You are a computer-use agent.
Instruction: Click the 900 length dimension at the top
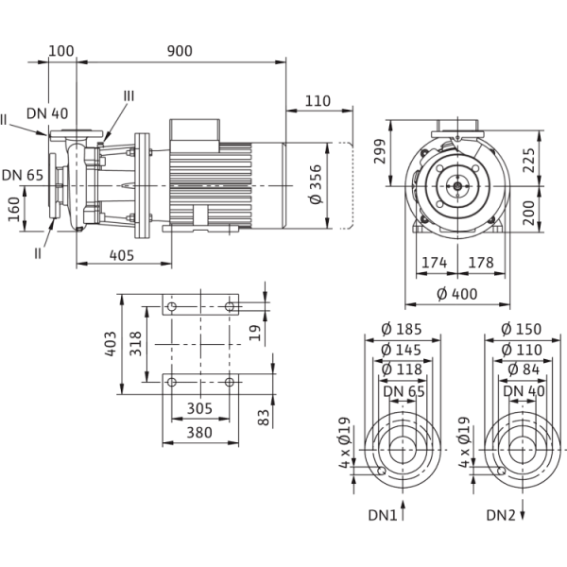point(180,51)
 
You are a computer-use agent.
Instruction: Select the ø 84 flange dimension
point(516,369)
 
